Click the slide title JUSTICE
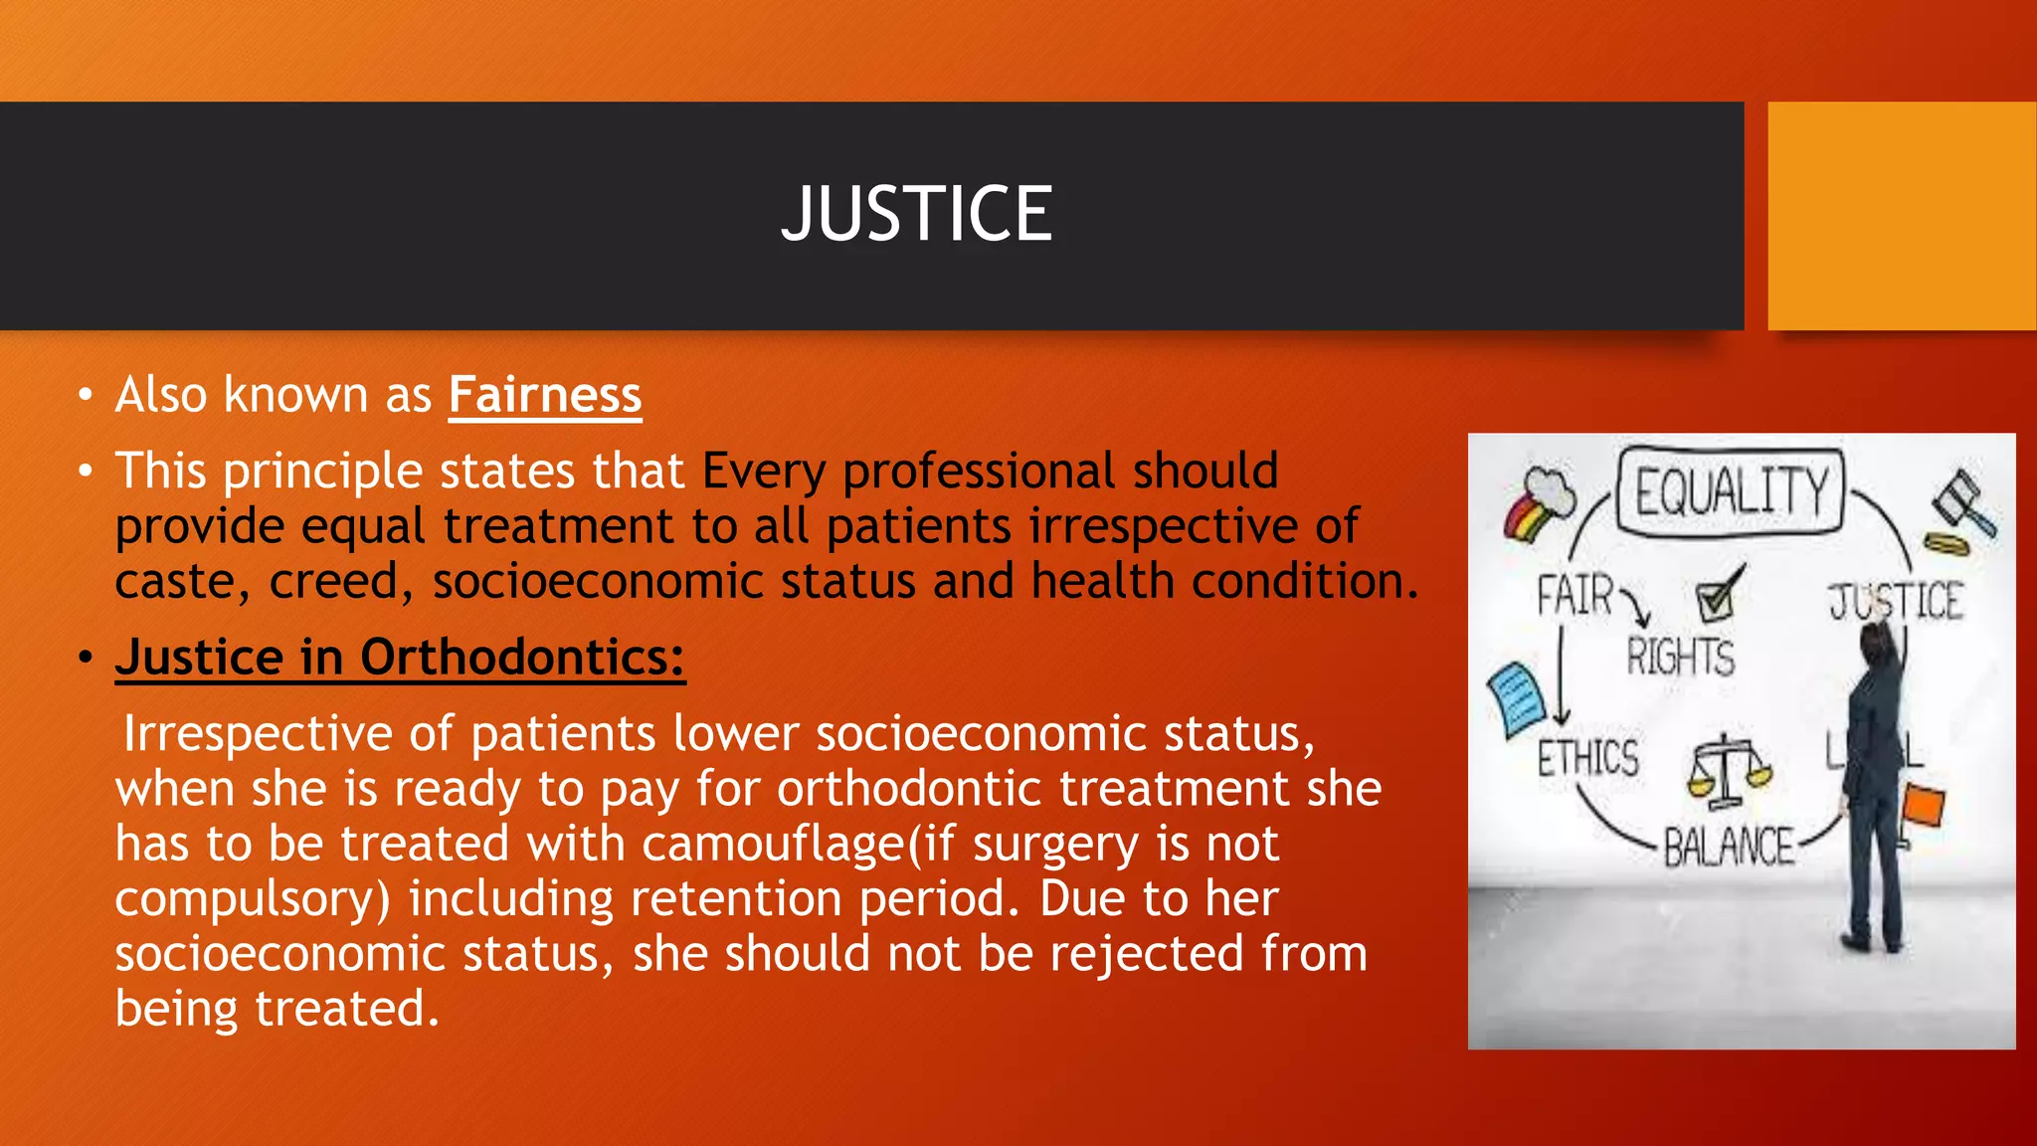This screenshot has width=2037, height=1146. click(916, 214)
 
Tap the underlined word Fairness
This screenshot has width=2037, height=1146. click(544, 395)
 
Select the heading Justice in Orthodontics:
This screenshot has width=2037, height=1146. click(400, 658)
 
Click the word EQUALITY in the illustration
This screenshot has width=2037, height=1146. click(1731, 492)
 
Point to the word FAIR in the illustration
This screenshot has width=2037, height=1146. click(1574, 596)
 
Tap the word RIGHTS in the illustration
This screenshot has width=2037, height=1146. click(1680, 658)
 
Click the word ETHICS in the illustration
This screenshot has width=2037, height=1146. click(1587, 758)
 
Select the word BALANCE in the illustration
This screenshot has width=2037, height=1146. click(1729, 848)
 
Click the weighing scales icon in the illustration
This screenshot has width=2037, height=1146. click(1728, 771)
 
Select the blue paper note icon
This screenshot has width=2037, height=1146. click(1516, 698)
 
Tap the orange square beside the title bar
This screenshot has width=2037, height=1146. click(1902, 216)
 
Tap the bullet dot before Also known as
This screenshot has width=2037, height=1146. click(86, 396)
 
